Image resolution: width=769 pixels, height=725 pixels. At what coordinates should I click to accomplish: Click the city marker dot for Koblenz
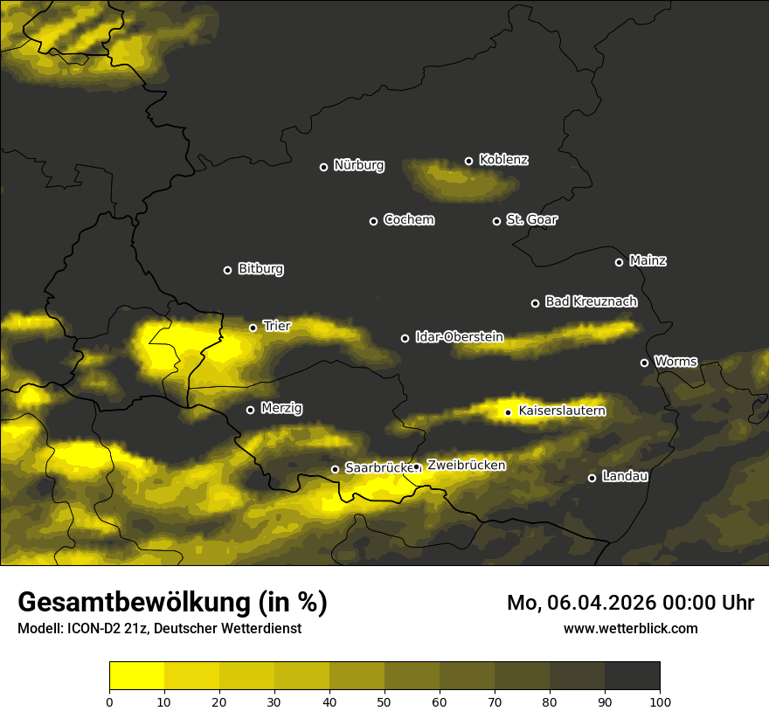click(468, 161)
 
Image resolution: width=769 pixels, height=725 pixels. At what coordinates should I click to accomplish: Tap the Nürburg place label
click(358, 166)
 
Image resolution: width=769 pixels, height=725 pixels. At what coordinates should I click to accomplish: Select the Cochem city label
click(408, 220)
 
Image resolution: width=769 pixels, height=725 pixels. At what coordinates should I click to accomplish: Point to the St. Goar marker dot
click(496, 221)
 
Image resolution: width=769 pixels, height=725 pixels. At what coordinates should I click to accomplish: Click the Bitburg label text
click(260, 269)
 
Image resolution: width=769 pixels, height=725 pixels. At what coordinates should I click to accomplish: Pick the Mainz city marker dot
click(619, 262)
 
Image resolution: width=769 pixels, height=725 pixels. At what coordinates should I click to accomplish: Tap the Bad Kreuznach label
click(591, 301)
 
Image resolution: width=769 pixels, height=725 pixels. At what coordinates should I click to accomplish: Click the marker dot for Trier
click(253, 328)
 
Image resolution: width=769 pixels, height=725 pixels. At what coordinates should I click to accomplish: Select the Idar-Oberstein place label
click(459, 336)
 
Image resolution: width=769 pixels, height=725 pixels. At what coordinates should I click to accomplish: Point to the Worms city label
click(675, 362)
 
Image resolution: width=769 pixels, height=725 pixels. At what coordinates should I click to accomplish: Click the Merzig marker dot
click(250, 410)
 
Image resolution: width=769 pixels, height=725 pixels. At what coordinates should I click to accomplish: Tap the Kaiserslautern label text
click(562, 411)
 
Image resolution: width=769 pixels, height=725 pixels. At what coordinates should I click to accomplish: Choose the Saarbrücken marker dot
click(335, 470)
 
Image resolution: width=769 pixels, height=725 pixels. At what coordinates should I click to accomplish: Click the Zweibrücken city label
click(466, 466)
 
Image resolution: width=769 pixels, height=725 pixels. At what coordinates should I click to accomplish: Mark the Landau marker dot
click(592, 478)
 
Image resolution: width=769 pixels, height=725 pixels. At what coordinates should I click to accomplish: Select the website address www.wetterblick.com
click(630, 628)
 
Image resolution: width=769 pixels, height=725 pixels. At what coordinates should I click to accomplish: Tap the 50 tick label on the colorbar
click(384, 701)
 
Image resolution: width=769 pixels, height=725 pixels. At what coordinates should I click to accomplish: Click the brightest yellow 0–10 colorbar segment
click(136, 675)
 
